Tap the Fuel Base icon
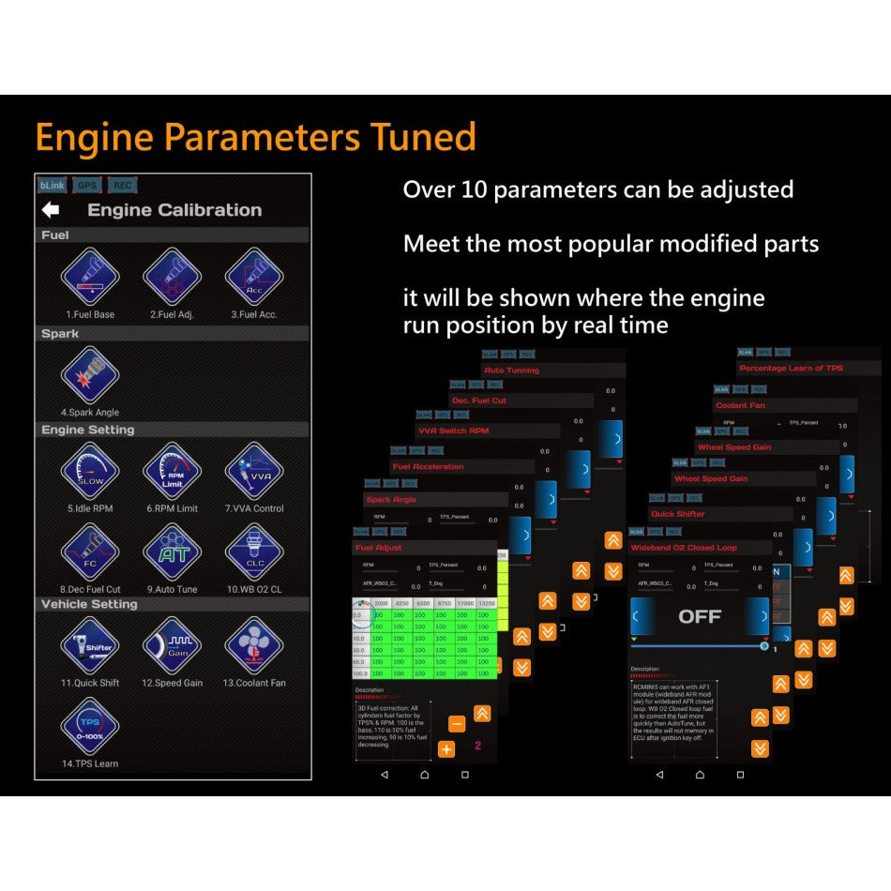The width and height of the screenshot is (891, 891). tap(90, 277)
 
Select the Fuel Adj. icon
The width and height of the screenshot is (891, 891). tap(173, 277)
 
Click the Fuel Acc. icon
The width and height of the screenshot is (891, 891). tap(254, 277)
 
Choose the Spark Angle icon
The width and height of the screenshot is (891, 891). tap(90, 375)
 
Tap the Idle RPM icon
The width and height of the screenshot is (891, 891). tap(90, 471)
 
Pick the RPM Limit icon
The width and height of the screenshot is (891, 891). tap(173, 471)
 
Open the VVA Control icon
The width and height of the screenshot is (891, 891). tap(254, 471)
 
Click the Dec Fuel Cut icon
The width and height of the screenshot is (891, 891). tap(90, 551)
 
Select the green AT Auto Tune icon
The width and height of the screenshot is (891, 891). tap(173, 551)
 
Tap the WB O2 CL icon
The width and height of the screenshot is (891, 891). tap(254, 551)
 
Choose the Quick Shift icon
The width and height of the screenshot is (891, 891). tap(90, 645)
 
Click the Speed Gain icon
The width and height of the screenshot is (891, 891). tap(173, 645)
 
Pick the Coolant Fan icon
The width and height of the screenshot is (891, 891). tap(254, 645)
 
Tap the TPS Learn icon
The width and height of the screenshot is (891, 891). tap(90, 726)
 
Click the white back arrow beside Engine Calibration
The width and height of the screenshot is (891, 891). tap(51, 210)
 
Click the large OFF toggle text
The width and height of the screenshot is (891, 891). tap(700, 616)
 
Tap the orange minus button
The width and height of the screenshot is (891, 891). tap(457, 724)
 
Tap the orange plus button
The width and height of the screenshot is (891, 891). tap(446, 748)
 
